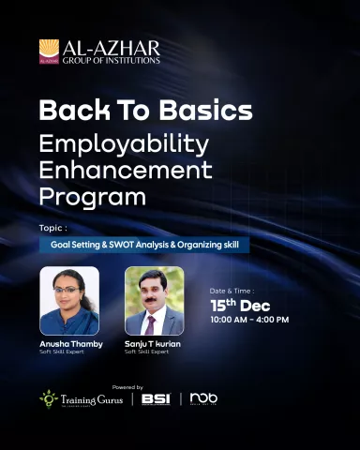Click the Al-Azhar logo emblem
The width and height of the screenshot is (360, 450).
[49, 52]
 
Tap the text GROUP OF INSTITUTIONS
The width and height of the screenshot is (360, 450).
[111, 60]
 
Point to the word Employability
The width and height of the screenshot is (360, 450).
[125, 144]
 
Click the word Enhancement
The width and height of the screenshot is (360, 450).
[127, 171]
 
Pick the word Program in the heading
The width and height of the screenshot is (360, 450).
[93, 198]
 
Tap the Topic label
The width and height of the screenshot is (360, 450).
[52, 228]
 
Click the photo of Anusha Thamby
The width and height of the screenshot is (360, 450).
[68, 300]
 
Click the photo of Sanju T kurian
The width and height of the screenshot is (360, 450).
[154, 300]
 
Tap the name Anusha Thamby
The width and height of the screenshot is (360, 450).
[68, 344]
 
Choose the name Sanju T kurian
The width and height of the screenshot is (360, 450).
[153, 344]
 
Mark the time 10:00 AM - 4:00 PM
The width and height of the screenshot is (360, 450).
[249, 320]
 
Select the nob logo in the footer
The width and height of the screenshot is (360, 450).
[203, 398]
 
